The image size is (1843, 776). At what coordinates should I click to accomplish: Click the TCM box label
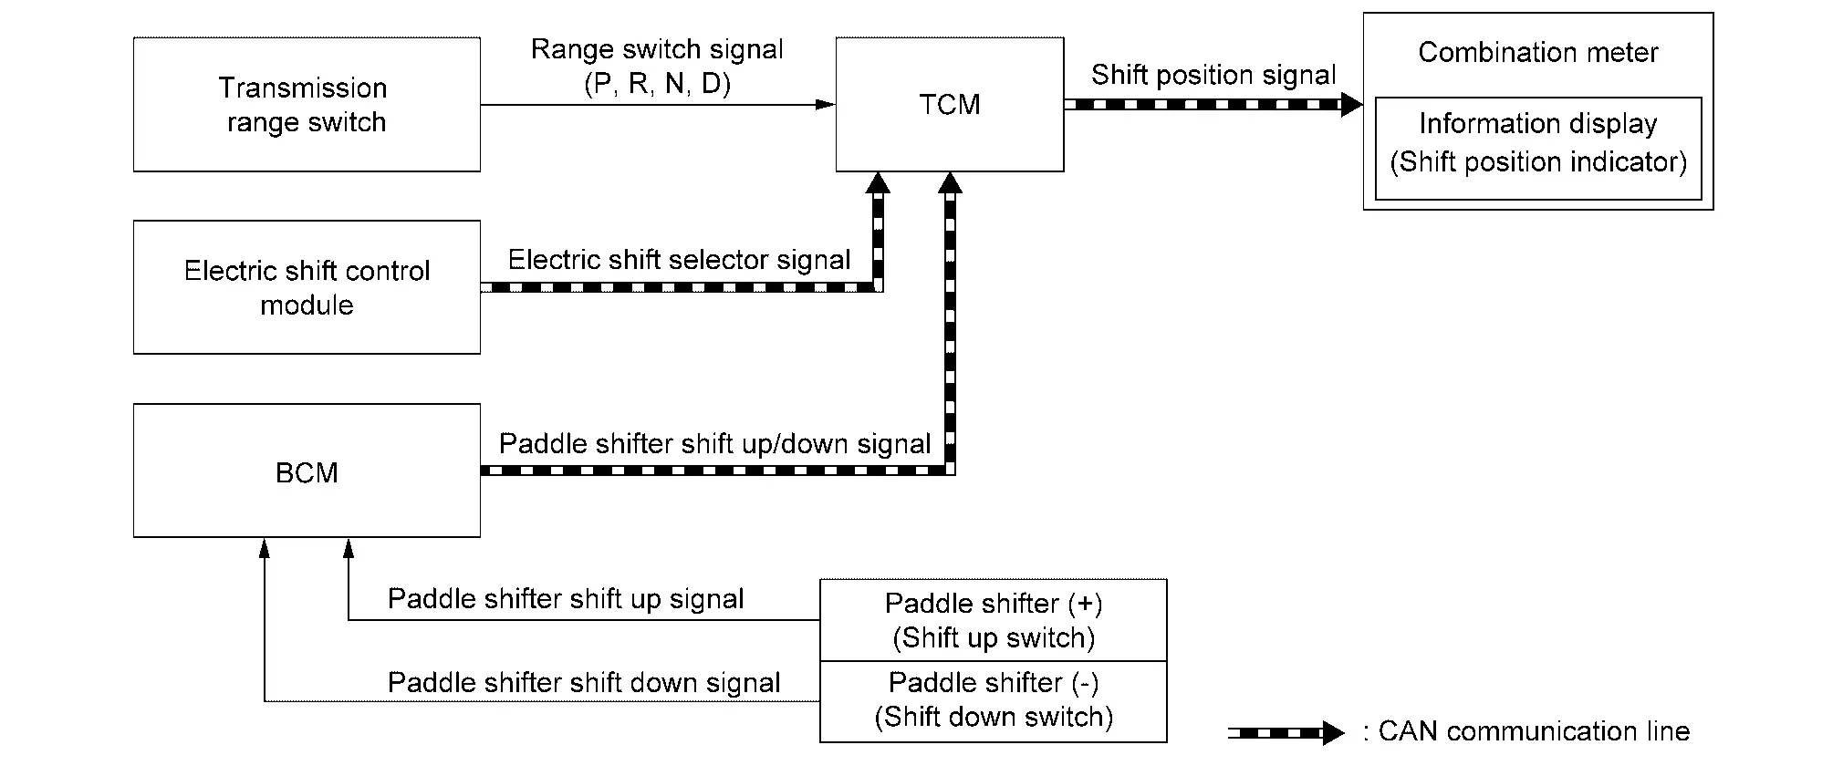(x=949, y=105)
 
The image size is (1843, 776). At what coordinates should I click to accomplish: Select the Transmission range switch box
(x=307, y=105)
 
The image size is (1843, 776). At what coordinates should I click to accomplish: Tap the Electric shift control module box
(x=307, y=287)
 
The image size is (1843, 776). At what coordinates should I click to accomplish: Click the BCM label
(x=307, y=472)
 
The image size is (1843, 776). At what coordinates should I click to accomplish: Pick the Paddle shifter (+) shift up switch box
(x=993, y=620)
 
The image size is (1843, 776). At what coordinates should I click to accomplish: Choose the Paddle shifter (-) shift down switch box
(x=993, y=700)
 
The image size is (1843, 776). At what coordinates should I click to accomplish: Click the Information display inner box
(x=1537, y=148)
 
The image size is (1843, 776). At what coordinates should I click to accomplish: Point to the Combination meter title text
(x=1537, y=52)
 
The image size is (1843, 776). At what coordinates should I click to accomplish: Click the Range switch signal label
(x=657, y=49)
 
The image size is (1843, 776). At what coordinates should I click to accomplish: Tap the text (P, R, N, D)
(x=657, y=84)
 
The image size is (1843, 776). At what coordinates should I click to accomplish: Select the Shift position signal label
(x=1213, y=75)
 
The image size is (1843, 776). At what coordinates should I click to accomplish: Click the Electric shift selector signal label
(x=679, y=260)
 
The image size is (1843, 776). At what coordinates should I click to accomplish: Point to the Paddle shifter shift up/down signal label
(x=714, y=444)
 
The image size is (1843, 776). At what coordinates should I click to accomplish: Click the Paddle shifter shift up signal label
(x=566, y=599)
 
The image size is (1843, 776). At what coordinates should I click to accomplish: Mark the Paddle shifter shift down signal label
(x=584, y=683)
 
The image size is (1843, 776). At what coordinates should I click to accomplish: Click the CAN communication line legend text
(x=1533, y=731)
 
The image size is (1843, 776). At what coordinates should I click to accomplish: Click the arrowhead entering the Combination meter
(x=1351, y=105)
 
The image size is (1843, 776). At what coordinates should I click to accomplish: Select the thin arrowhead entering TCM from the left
(x=825, y=105)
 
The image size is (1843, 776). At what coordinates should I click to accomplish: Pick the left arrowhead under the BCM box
(x=265, y=547)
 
